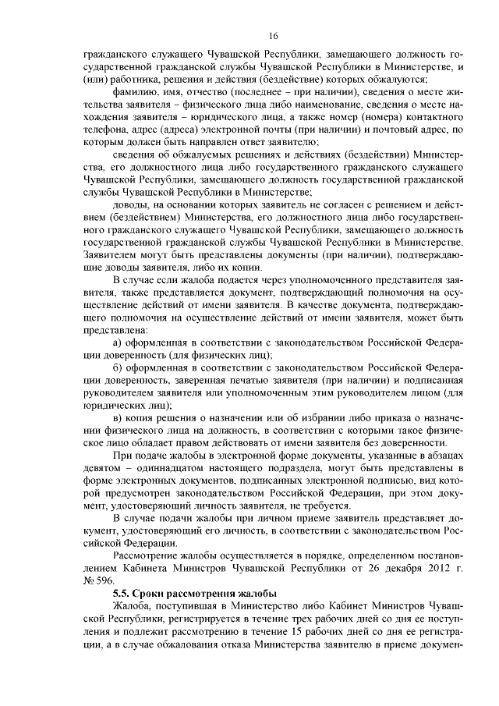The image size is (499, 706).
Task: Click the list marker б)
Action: click(118, 368)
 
